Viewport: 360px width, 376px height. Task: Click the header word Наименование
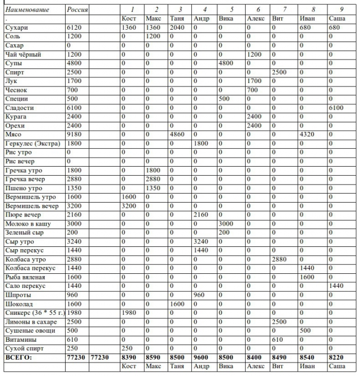click(27, 10)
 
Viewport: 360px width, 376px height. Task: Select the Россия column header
click(77, 10)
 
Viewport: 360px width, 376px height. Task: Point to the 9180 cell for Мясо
click(75, 134)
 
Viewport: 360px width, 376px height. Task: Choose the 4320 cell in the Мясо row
click(311, 134)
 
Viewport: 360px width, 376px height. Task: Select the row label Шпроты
click(17, 295)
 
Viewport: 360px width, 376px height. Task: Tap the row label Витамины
click(20, 340)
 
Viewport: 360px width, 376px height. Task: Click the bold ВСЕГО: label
click(19, 357)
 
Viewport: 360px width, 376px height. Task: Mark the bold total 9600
click(202, 357)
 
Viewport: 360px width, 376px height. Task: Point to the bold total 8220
click(337, 357)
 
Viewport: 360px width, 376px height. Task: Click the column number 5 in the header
click(232, 10)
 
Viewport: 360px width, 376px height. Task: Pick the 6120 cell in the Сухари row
click(75, 27)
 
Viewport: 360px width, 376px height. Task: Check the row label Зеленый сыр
click(24, 232)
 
